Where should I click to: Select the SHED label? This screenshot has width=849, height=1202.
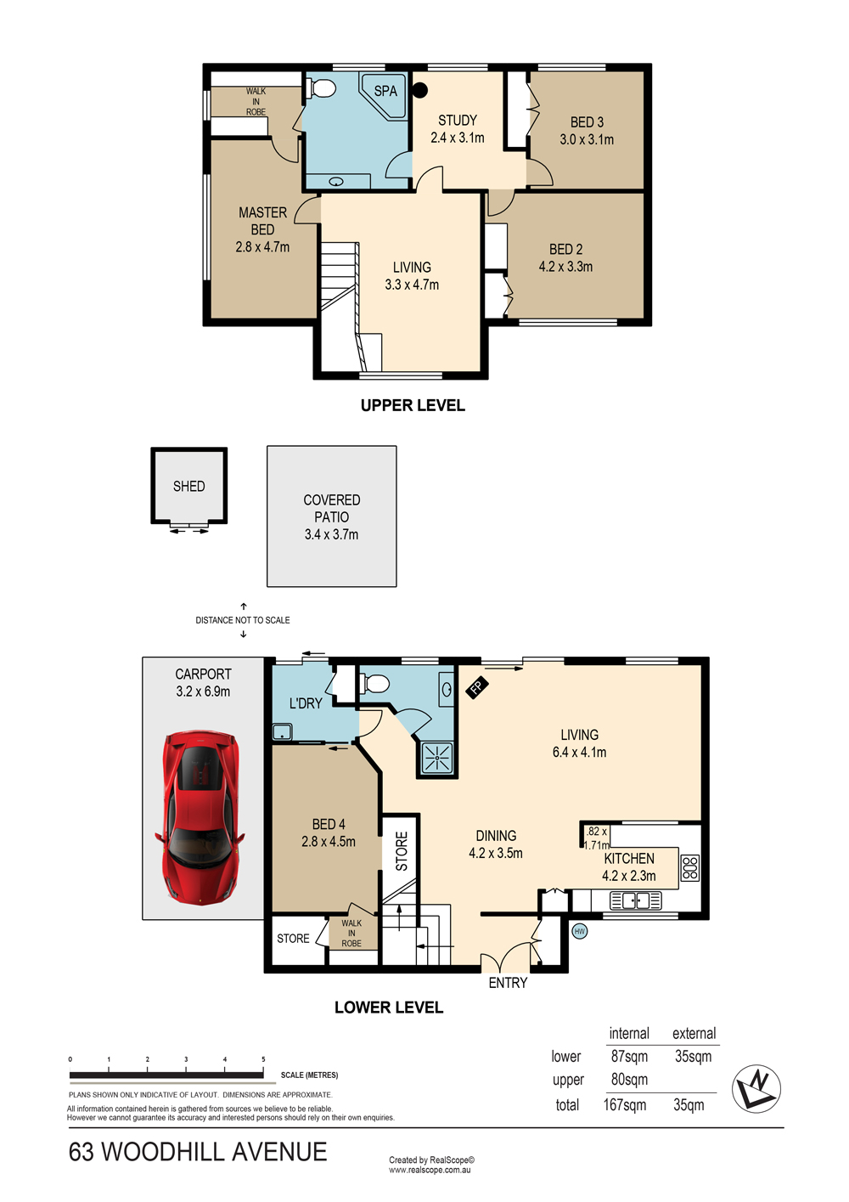point(188,486)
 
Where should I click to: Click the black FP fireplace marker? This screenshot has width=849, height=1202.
point(477,687)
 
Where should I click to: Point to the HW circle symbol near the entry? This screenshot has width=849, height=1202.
point(579,932)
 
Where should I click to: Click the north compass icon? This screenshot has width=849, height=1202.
point(756,1087)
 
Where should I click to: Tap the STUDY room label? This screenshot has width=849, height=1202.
point(458,121)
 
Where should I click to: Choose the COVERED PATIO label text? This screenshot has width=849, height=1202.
point(331,508)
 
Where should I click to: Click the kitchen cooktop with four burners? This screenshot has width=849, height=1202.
point(690,867)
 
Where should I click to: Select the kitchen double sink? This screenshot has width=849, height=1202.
point(636,900)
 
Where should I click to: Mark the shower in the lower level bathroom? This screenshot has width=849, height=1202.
point(437,758)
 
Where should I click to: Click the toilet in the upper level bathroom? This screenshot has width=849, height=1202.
point(321,88)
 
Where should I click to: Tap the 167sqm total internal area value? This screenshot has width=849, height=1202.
point(625,1105)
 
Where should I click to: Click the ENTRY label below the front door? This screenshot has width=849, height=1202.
point(508,983)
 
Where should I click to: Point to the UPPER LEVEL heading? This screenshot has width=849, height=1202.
point(413,406)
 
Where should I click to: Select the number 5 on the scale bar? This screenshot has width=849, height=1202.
point(263,1059)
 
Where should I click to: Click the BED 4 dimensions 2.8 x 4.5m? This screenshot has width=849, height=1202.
point(329,841)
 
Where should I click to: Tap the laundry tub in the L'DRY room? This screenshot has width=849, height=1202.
point(282,732)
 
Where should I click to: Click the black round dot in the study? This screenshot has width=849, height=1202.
point(420,90)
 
